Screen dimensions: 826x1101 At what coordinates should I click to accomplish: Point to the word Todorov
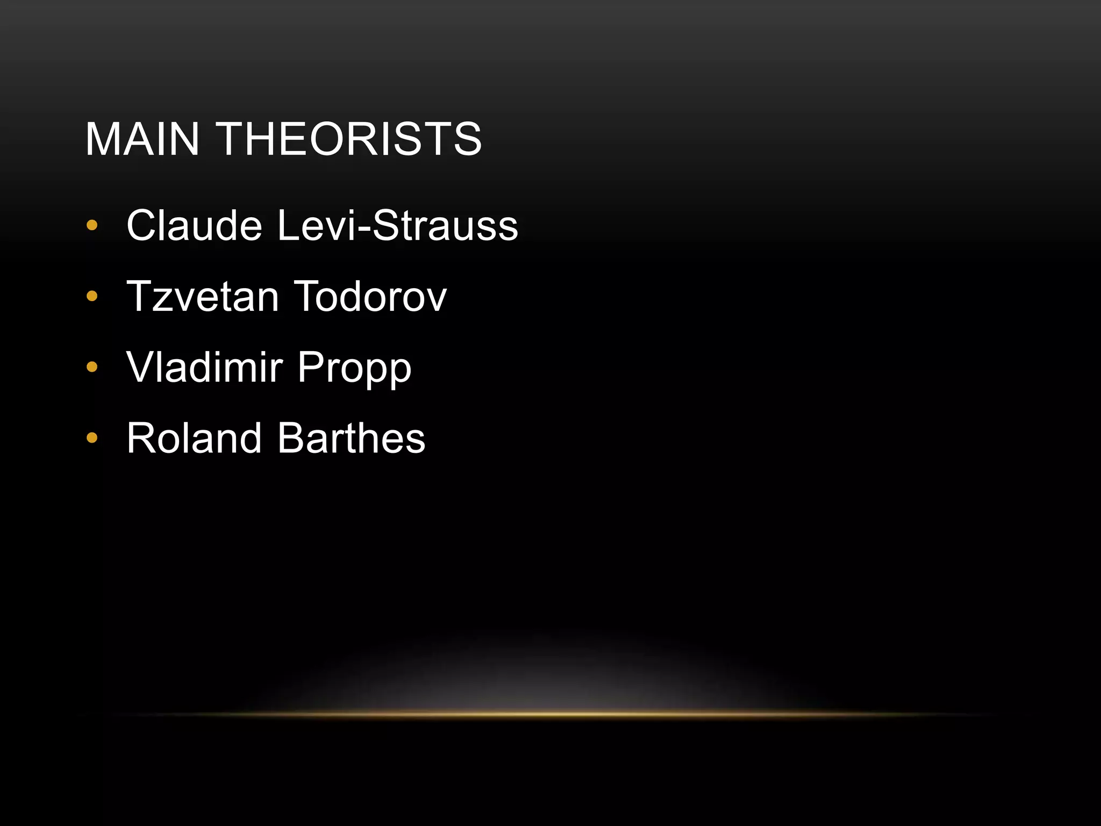pos(370,296)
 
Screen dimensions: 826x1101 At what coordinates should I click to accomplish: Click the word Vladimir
pos(204,367)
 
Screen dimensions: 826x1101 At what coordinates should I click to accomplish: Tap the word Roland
pos(194,438)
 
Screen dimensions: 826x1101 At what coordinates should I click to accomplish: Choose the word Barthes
pos(352,438)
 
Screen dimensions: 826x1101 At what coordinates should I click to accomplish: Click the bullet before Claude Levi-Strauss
pos(92,225)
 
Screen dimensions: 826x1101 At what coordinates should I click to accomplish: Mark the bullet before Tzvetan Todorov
pos(92,296)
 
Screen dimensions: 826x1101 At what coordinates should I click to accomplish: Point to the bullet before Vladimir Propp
pos(92,367)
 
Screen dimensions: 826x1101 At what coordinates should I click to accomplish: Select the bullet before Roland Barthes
pos(92,438)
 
